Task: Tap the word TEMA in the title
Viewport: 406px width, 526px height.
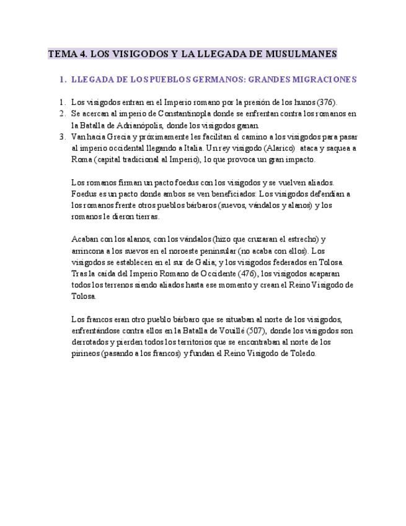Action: coord(61,55)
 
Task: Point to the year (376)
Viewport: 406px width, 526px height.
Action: coord(327,102)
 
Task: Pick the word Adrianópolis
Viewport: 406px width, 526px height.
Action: coord(139,125)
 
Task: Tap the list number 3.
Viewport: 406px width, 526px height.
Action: coord(62,136)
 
